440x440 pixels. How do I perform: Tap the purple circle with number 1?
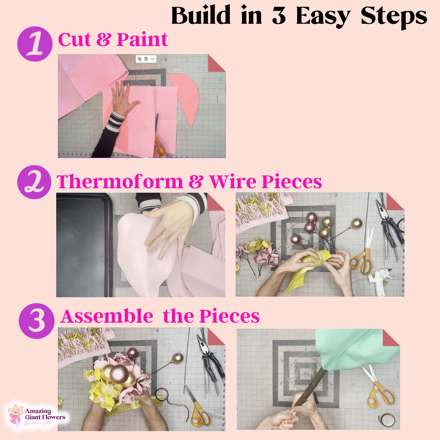35,46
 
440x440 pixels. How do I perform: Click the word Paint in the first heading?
142,40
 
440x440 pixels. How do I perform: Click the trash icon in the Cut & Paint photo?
146,59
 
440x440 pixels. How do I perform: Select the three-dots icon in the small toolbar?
152,59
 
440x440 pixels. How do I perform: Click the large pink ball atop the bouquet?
119,374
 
